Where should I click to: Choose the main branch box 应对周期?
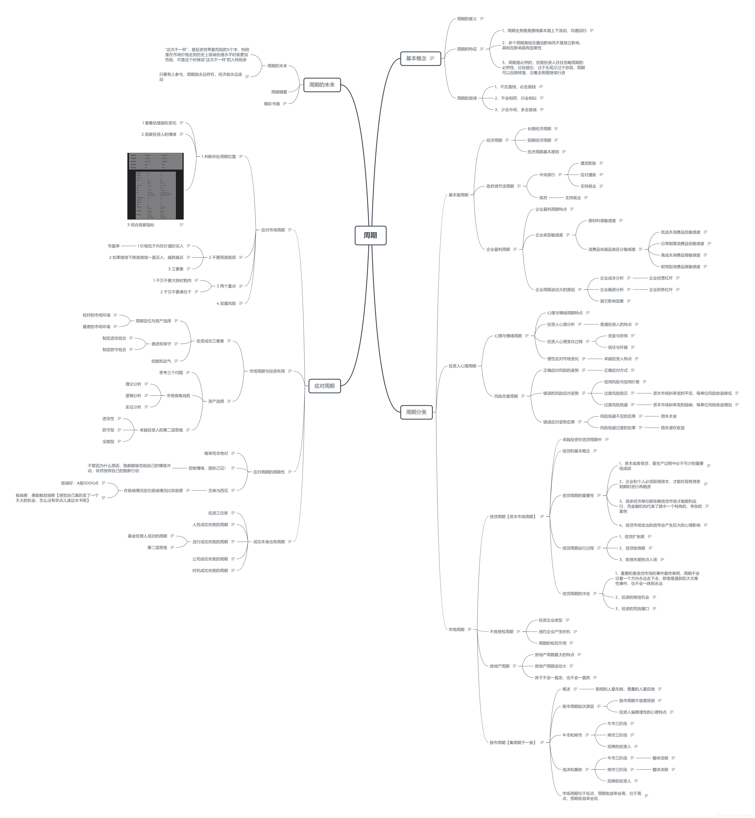pyautogui.click(x=324, y=386)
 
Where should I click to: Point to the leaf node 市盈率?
pyautogui.click(x=114, y=246)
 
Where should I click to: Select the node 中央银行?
pyautogui.click(x=547, y=175)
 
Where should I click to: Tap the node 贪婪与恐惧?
pyautogui.click(x=617, y=336)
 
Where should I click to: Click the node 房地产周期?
pyautogui.click(x=499, y=666)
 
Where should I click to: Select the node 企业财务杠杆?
pyautogui.click(x=661, y=290)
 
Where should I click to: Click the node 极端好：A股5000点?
pyautogui.click(x=80, y=483)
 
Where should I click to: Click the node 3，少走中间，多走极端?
pyautogui.click(x=515, y=110)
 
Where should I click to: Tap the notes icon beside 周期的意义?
pyautogui.click(x=482, y=19)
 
